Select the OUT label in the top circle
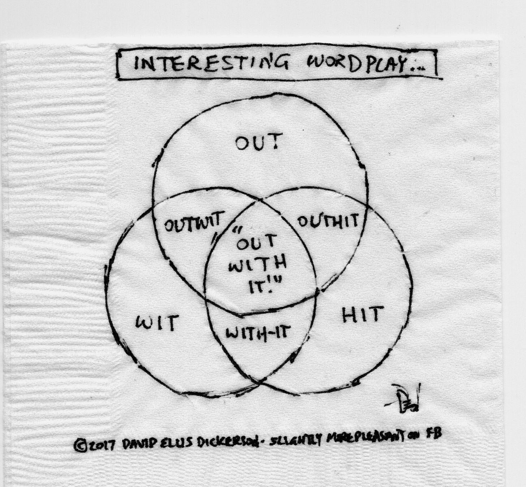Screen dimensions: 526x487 [258, 143]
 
